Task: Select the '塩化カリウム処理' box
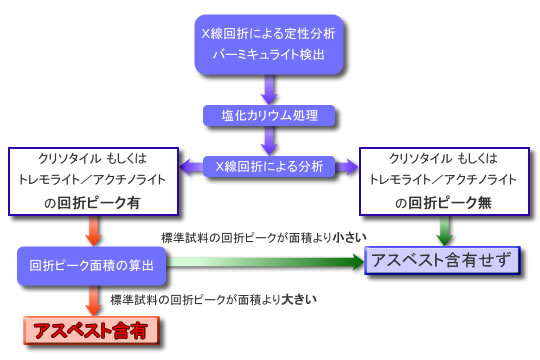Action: pyautogui.click(x=268, y=115)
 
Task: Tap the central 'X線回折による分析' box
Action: pyautogui.click(x=268, y=166)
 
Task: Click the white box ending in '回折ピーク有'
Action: pyautogui.click(x=93, y=181)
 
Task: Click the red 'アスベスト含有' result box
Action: pyautogui.click(x=93, y=329)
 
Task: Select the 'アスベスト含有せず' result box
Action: pyautogui.click(x=442, y=261)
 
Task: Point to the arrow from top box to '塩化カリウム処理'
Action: pyautogui.click(x=268, y=89)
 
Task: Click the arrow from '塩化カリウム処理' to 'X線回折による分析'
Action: pyautogui.click(x=268, y=141)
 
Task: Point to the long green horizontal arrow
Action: pyautogui.click(x=265, y=263)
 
